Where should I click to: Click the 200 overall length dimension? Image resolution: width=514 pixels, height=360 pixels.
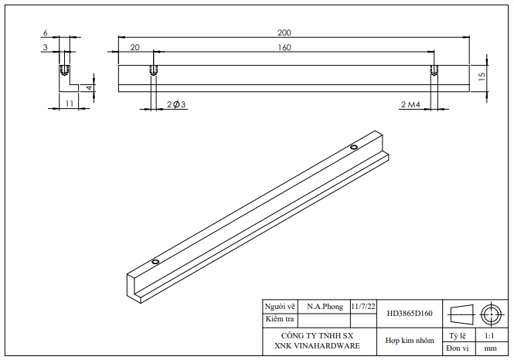point(284,32)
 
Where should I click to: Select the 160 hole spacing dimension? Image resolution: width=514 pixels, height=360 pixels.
point(284,48)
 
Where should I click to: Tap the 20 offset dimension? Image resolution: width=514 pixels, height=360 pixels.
point(135,48)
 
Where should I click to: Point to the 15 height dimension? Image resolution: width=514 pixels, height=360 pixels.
point(482,76)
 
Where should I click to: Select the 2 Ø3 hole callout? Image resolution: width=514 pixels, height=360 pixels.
point(177,104)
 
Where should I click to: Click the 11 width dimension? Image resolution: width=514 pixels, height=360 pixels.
point(69,103)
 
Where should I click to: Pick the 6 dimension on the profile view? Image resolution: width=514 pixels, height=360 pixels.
point(46,33)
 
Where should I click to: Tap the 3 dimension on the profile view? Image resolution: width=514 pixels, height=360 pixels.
point(46,48)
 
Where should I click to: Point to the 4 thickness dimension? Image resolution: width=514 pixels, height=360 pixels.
point(90,87)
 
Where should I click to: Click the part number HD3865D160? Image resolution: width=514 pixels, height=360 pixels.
point(410,314)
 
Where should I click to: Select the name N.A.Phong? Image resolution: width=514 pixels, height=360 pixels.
point(324,307)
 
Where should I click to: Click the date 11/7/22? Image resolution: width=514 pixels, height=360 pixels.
point(363,307)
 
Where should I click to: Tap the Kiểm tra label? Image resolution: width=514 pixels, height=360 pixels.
point(280,318)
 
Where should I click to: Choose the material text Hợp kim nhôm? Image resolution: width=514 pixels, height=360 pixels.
point(410,341)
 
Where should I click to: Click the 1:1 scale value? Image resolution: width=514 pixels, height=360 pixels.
point(489,336)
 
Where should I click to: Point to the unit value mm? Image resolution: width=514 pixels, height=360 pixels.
point(490,349)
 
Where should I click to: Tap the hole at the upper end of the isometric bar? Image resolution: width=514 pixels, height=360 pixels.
point(354,148)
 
